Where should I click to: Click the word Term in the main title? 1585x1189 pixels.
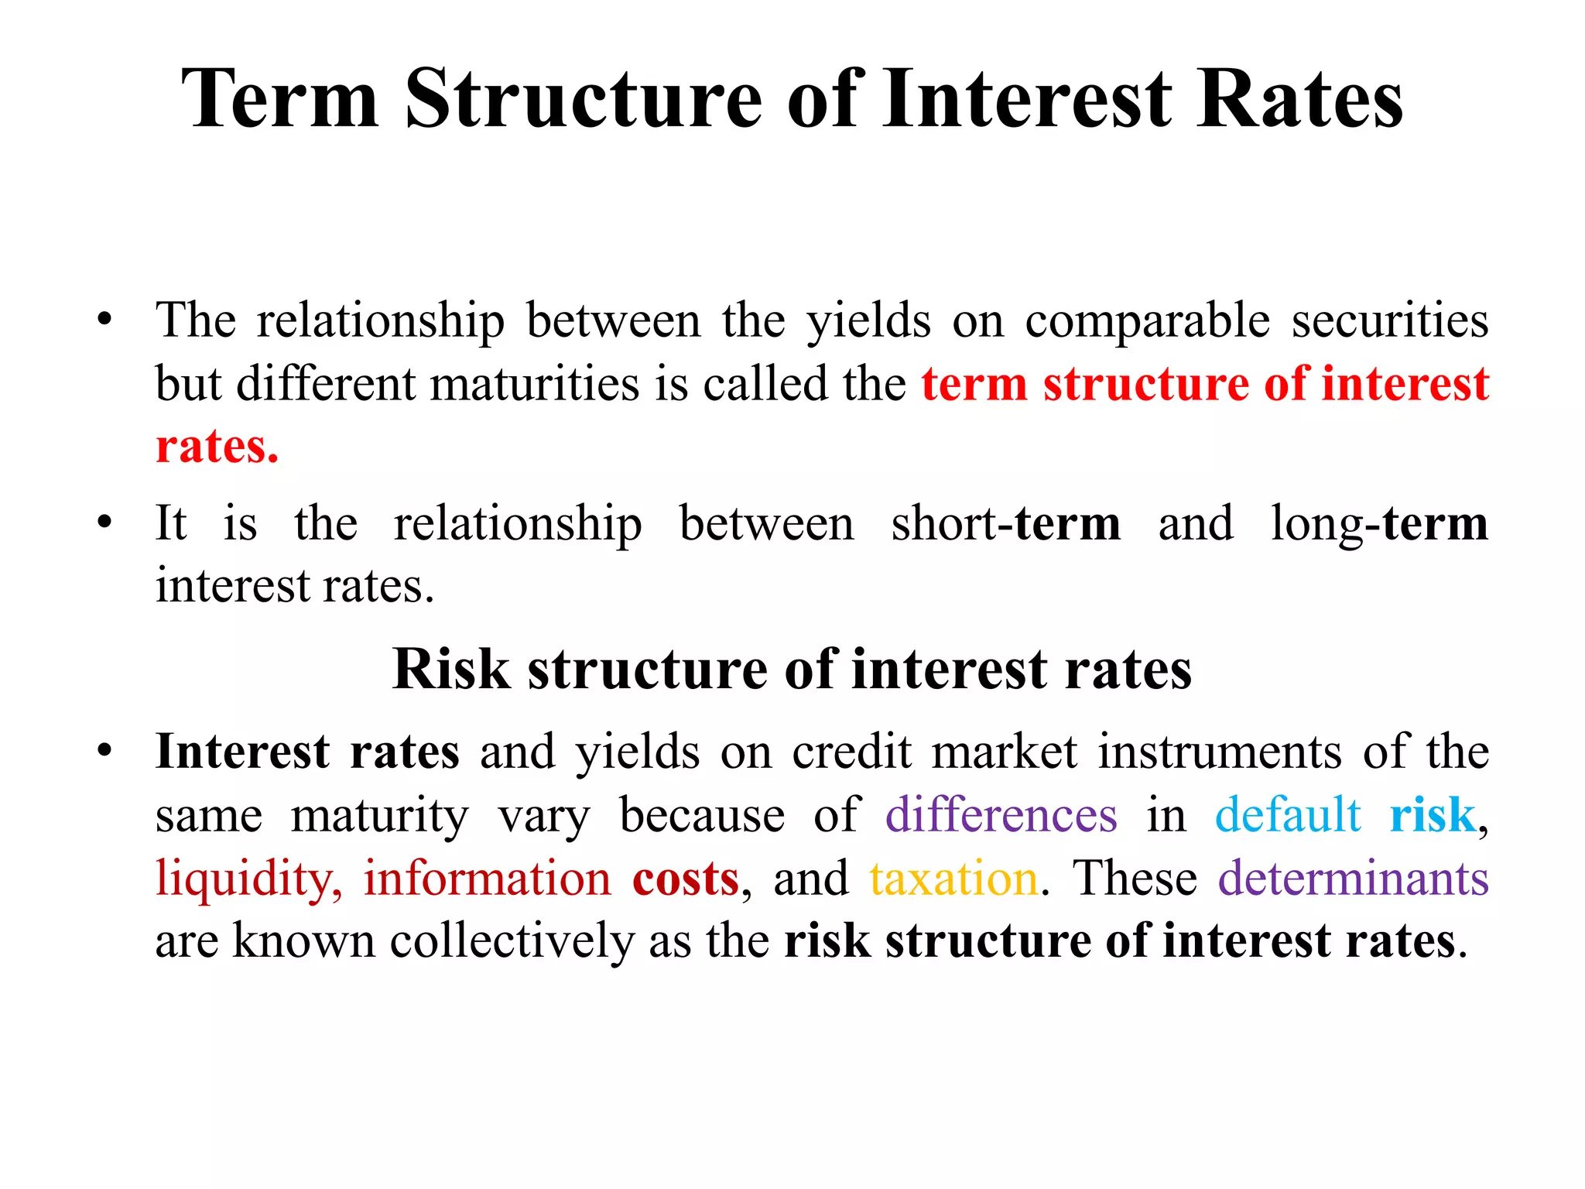280,99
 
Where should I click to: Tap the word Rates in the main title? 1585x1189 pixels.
1299,99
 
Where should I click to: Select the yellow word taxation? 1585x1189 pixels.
953,879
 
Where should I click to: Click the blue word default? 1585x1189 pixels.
1288,815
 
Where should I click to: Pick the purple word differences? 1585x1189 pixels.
1001,815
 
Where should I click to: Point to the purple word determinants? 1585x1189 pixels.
1354,879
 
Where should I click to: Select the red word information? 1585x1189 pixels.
488,879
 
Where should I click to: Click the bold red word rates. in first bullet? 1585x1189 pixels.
217,447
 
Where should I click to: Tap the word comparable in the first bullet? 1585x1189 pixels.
1147,321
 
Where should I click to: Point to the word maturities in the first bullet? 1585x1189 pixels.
535,384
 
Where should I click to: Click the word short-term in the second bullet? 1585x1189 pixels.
1005,523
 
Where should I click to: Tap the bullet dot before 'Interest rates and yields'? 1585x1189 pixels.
104,751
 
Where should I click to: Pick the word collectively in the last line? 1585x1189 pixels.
511,941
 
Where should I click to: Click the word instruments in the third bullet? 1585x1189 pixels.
1220,752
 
